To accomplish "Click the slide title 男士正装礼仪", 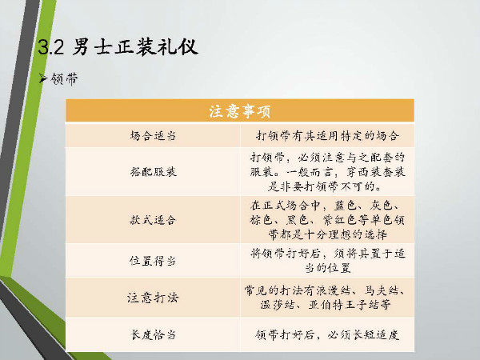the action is point(135,47).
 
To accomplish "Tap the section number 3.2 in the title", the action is point(51,47).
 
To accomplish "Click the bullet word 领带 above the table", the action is point(64,79).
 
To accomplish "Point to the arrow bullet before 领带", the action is point(43,78).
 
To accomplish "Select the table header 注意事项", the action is point(240,111).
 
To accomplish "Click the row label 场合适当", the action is point(153,135).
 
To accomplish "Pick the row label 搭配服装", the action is point(153,172).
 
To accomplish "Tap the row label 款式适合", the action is point(153,220).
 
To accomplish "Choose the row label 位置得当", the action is point(153,261).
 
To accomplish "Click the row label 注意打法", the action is point(153,298).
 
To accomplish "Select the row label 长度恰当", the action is point(153,334).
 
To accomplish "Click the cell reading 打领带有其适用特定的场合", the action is point(327,135).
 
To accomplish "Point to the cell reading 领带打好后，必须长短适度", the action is point(327,334).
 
